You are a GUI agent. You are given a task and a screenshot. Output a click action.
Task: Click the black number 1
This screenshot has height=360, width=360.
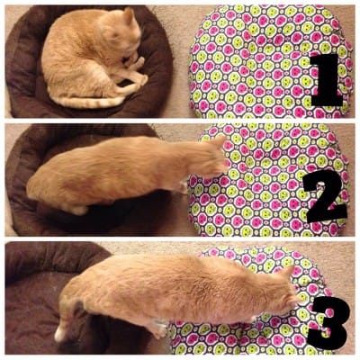click(x=328, y=79)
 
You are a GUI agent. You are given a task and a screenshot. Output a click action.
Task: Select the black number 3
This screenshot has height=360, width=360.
click(x=330, y=322)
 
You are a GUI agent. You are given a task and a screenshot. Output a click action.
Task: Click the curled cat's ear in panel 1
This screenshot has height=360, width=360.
click(x=130, y=15)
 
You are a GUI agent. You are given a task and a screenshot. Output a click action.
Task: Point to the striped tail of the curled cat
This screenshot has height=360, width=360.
click(x=90, y=102)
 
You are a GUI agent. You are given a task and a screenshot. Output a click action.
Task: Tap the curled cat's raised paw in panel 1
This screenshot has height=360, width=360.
click(x=138, y=63)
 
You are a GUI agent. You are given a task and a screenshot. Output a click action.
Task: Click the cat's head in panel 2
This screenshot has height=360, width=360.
click(x=210, y=156)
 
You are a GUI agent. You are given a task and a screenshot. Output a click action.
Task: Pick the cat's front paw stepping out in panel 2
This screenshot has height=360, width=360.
click(x=182, y=187)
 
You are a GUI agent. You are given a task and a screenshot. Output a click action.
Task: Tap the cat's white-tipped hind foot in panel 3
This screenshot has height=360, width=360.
click(x=60, y=333)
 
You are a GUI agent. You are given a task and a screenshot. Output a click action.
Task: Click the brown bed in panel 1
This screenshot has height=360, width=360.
click(x=27, y=75)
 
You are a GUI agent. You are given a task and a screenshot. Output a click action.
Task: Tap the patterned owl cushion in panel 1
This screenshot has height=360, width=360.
click(x=264, y=61)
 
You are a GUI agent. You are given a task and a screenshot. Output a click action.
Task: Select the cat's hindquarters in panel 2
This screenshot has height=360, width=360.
click(x=54, y=187)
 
